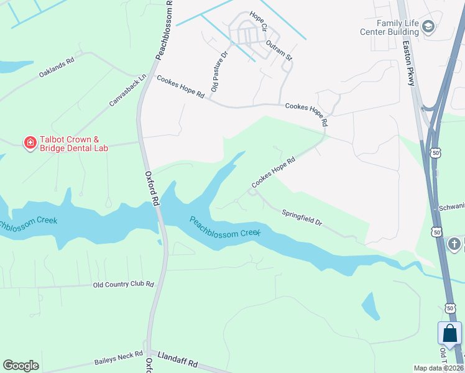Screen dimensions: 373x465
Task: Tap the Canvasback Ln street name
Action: pos(127,90)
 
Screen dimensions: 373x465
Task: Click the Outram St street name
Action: pos(279,50)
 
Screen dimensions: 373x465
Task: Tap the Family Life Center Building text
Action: pos(389,26)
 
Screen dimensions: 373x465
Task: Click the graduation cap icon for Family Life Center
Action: pos(428,27)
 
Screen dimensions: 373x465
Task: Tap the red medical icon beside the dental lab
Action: pos(29,144)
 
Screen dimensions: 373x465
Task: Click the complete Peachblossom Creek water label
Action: pos(224,226)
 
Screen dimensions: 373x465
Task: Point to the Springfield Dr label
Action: pos(302,217)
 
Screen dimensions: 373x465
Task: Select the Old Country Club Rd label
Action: pos(123,284)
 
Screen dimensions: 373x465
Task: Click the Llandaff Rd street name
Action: pos(177,362)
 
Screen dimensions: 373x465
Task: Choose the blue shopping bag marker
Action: pos(449,334)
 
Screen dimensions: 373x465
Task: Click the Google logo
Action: pos(21,366)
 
